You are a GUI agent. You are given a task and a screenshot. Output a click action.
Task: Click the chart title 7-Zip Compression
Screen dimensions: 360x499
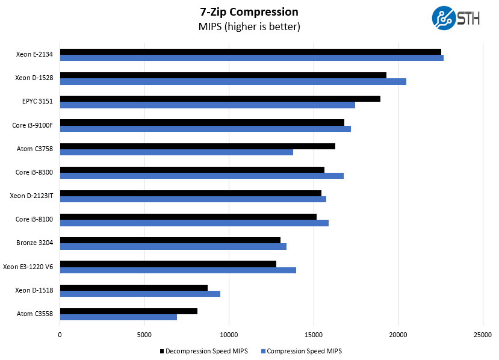click(x=249, y=11)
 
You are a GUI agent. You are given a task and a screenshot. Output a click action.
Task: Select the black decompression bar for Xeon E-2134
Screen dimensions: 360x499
click(x=250, y=52)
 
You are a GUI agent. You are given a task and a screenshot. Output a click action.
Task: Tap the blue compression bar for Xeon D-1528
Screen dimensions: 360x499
click(x=233, y=81)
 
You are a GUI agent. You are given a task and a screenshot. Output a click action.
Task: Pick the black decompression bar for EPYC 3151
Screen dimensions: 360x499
click(x=220, y=99)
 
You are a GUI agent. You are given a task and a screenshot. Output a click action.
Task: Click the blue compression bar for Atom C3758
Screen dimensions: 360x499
click(x=176, y=152)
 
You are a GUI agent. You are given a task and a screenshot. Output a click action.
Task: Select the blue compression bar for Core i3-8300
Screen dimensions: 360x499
click(x=202, y=176)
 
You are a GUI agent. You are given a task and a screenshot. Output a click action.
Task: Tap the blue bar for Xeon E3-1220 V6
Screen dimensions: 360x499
click(x=178, y=270)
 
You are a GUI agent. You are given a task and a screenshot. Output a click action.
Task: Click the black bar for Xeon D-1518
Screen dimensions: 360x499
click(x=134, y=288)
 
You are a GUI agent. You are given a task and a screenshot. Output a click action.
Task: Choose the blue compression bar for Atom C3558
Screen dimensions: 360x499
click(x=119, y=317)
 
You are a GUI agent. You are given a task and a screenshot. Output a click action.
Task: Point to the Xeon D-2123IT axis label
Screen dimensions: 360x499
click(x=31, y=196)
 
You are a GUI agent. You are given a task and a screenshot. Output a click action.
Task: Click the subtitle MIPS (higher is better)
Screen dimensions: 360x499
click(x=249, y=27)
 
